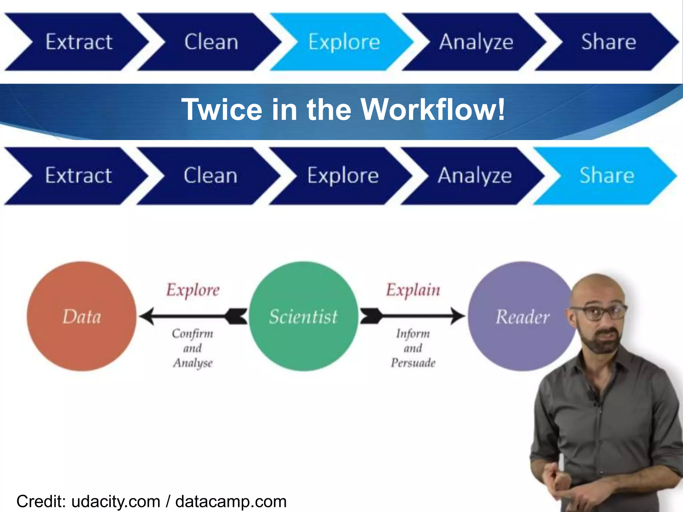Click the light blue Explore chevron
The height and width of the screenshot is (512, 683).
tap(344, 42)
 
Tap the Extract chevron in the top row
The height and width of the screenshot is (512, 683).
tap(79, 42)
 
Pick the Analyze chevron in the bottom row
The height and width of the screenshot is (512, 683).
tap(474, 175)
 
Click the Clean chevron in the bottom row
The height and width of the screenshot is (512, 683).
tap(210, 175)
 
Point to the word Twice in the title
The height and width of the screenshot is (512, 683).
tap(222, 109)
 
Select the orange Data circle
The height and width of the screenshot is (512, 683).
tap(82, 316)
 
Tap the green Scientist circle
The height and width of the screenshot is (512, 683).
tap(303, 316)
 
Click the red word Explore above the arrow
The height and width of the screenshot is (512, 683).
tap(193, 290)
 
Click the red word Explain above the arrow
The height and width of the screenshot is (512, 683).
tap(413, 290)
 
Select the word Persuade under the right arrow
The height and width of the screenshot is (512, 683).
tap(413, 363)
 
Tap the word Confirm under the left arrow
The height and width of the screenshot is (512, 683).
tap(192, 333)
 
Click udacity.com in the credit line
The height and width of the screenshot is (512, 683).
tap(116, 502)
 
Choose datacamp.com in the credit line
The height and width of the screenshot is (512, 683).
tap(231, 502)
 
